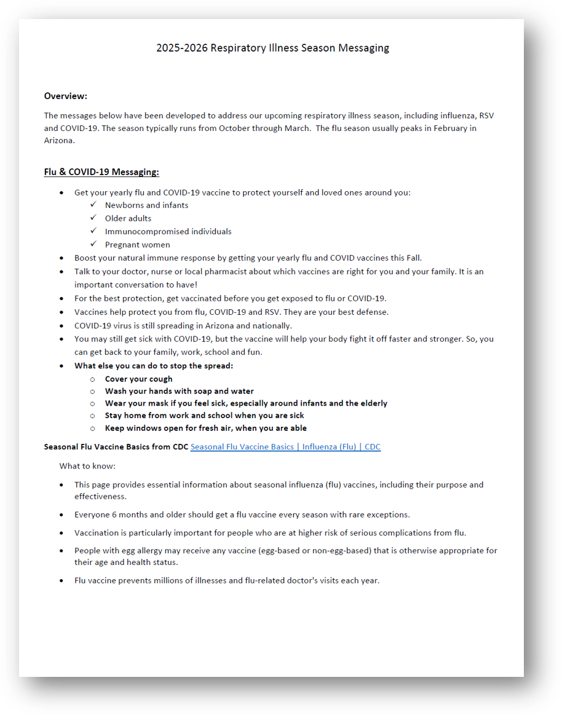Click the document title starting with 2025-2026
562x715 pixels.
click(272, 48)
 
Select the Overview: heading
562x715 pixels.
click(66, 96)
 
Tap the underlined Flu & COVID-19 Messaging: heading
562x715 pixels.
click(101, 172)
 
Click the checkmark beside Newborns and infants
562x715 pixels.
click(93, 205)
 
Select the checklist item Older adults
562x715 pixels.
click(128, 218)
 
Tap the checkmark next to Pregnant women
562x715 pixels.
click(93, 244)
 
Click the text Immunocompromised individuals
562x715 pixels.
click(168, 232)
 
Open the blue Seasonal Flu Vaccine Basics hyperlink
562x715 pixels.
click(285, 447)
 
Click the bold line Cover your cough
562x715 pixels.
click(139, 379)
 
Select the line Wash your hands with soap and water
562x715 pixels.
click(179, 391)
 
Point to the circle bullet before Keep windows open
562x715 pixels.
click(93, 429)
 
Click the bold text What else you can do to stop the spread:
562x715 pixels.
click(154, 366)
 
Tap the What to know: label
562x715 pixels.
click(87, 466)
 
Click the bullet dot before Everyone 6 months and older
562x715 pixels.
click(61, 515)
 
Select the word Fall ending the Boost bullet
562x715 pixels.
click(414, 258)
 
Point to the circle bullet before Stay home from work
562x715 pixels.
click(93, 416)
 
